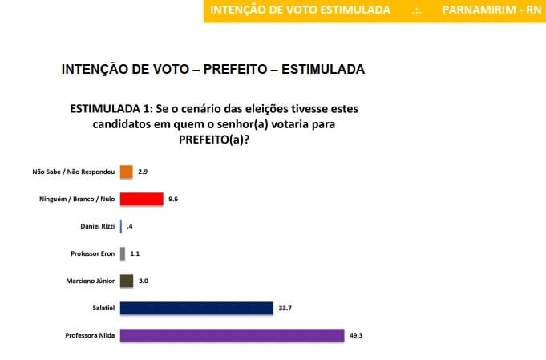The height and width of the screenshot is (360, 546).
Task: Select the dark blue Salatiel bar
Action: [x=196, y=309]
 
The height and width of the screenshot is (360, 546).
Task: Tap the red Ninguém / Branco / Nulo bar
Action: [x=141, y=199]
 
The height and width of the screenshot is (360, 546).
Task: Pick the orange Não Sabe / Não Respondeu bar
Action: [x=126, y=172]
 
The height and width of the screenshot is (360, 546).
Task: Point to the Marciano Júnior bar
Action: [x=126, y=281]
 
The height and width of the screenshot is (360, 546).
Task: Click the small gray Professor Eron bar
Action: [x=123, y=254]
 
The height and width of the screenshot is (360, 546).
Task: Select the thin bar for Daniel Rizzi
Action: [x=121, y=227]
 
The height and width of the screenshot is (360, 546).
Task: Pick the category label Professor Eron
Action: [x=90, y=254]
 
